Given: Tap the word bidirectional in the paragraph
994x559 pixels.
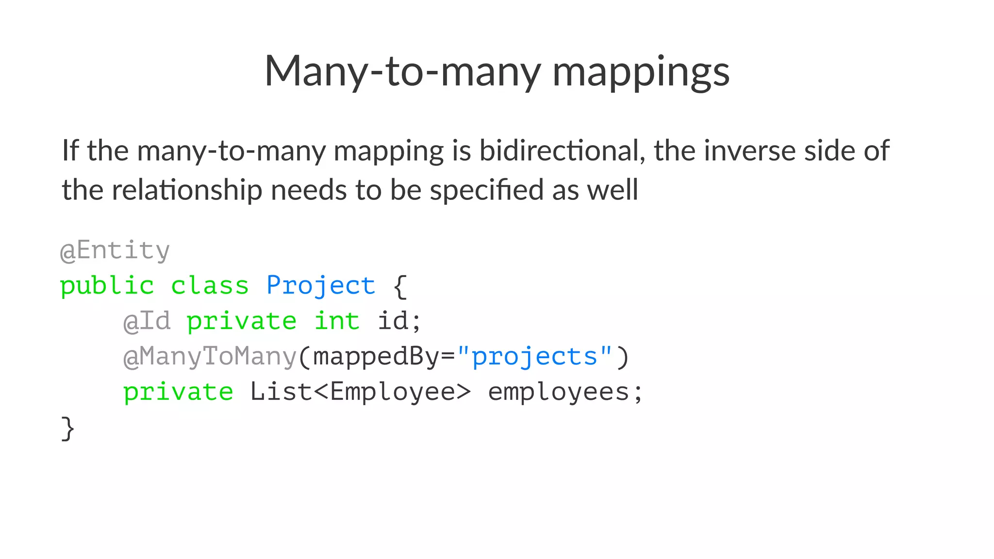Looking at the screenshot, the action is click(562, 150).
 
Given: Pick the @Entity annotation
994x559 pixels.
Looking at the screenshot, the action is click(115, 250).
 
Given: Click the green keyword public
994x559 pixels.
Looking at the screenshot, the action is click(107, 285).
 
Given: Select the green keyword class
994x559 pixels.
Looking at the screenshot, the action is click(210, 285).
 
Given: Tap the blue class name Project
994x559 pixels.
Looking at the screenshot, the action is click(321, 285).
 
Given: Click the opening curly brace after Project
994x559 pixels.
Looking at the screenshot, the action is click(400, 286).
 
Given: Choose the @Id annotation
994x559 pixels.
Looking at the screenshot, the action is click(147, 321).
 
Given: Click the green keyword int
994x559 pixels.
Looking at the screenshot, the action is click(337, 321).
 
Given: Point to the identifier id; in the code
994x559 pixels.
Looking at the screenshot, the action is click(399, 321).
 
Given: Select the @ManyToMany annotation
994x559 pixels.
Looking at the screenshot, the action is click(210, 357).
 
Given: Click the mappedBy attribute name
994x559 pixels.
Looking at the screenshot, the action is click(376, 357).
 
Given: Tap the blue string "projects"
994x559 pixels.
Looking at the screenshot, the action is click(534, 357).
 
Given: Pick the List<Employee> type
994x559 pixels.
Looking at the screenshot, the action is click(360, 392).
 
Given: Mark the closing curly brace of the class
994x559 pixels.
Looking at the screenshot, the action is click(68, 428).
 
